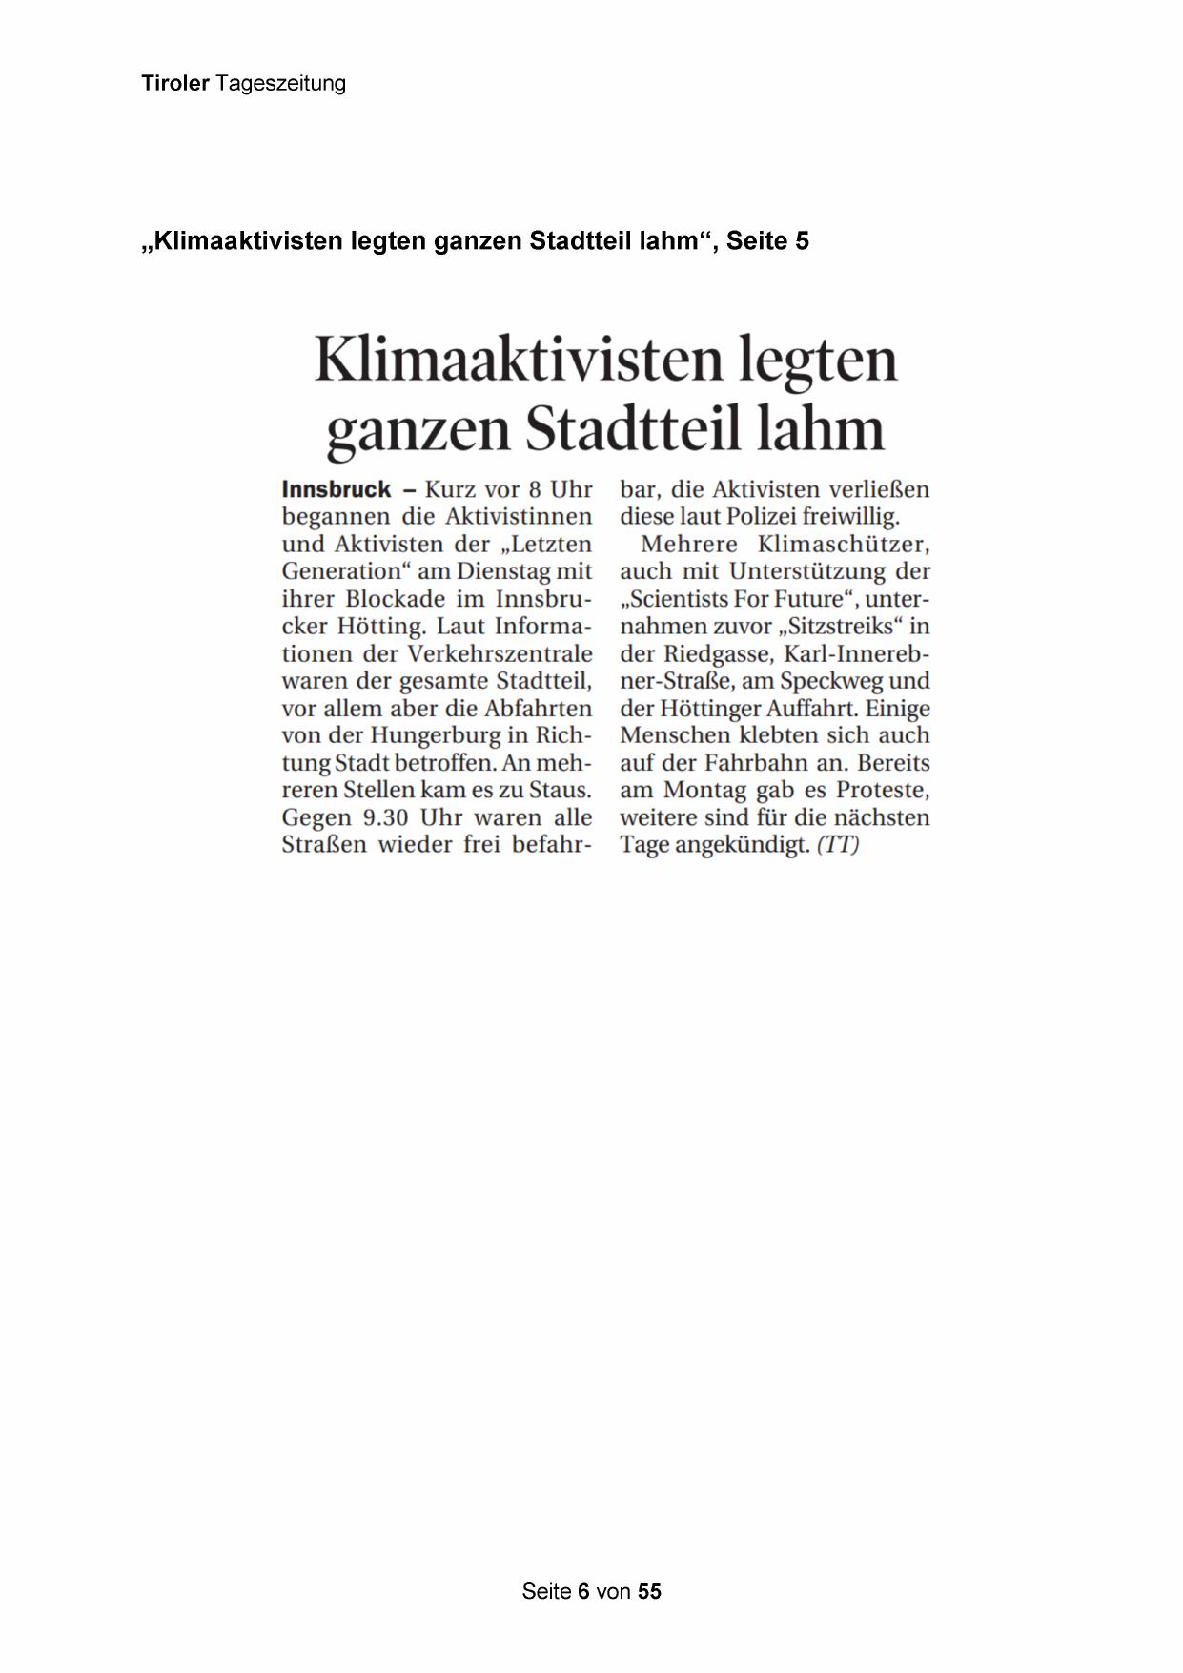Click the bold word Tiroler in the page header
pos(175,84)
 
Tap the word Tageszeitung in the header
pos(280,84)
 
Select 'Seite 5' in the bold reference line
pos(767,241)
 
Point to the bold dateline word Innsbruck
pos(337,490)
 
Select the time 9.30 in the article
pos(386,818)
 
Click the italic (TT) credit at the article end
pos(838,846)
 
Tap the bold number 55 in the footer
pos(649,1591)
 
